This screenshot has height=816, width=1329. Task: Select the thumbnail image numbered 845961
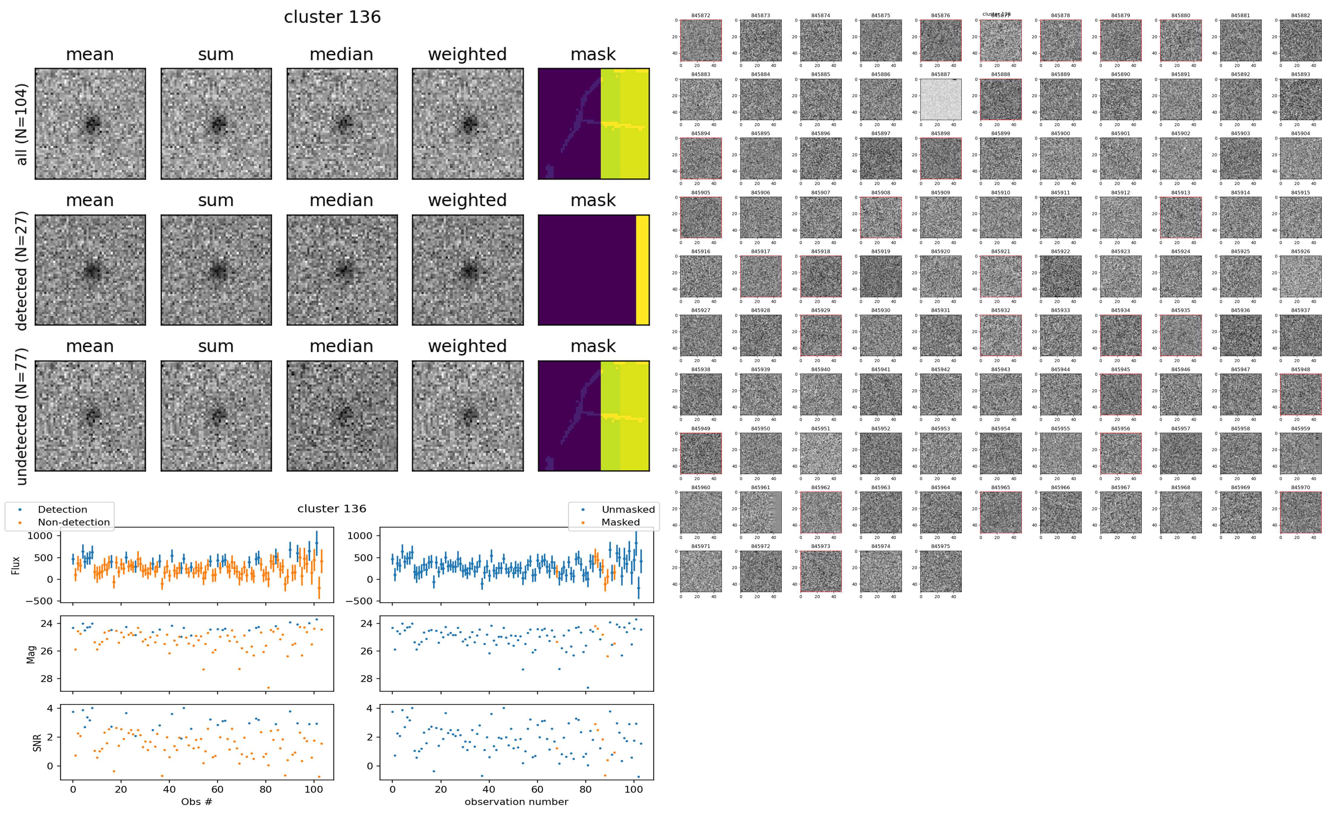760,512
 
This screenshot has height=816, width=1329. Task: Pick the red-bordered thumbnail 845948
1300,394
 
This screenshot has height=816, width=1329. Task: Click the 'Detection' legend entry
62,509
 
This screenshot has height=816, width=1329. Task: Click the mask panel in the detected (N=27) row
594,270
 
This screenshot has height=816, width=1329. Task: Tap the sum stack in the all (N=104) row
216,124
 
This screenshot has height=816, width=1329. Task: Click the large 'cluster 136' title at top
332,17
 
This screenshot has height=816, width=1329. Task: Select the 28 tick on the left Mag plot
47,678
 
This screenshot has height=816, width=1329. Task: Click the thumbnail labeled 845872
700,40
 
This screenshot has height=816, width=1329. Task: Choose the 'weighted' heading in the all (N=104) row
467,55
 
